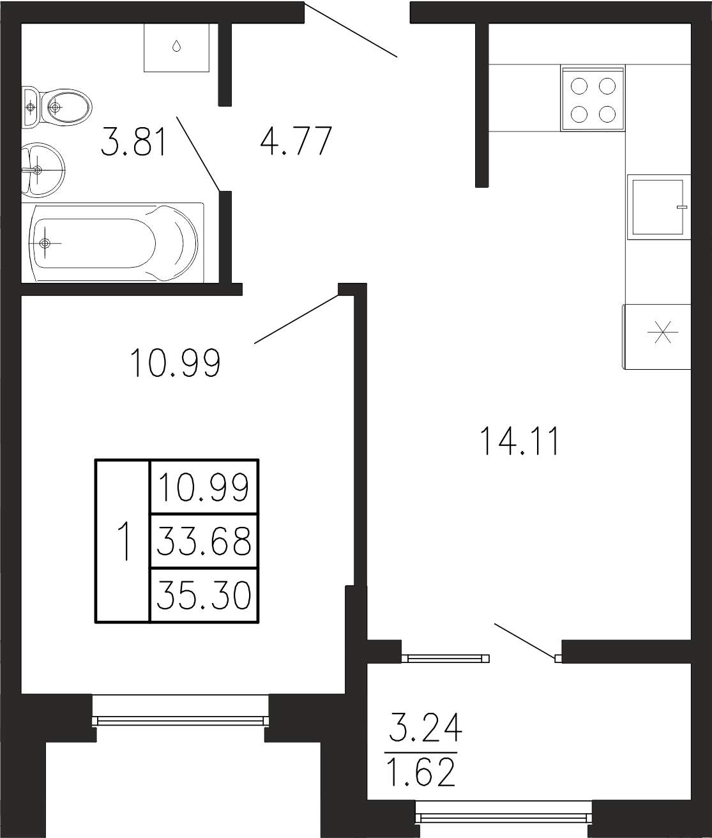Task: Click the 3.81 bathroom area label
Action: pyautogui.click(x=133, y=142)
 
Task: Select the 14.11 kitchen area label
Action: pyautogui.click(x=519, y=441)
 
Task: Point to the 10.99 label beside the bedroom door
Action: pyautogui.click(x=176, y=363)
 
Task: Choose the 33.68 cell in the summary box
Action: pyautogui.click(x=204, y=542)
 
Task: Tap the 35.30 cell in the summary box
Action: pyautogui.click(x=204, y=595)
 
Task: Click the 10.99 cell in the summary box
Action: pyautogui.click(x=204, y=487)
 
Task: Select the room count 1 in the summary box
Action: pyautogui.click(x=124, y=541)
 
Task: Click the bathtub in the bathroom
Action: pyautogui.click(x=113, y=243)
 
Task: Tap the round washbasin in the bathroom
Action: pyautogui.click(x=43, y=170)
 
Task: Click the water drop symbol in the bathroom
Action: pyautogui.click(x=176, y=46)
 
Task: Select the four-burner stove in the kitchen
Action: pyautogui.click(x=593, y=98)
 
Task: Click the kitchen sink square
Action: pyautogui.click(x=658, y=207)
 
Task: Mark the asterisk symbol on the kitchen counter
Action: pyautogui.click(x=662, y=332)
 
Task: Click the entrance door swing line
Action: pyautogui.click(x=351, y=30)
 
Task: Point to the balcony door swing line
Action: pyautogui.click(x=525, y=641)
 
